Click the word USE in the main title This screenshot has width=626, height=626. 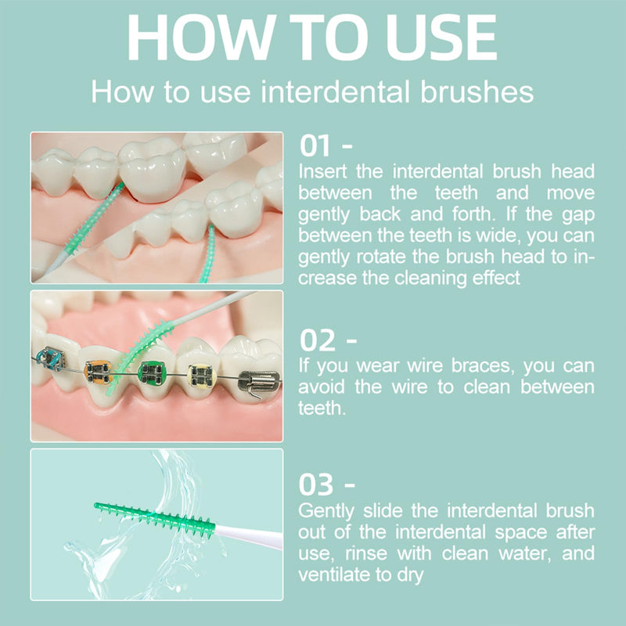(x=442, y=37)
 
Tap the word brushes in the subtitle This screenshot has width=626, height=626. (x=477, y=92)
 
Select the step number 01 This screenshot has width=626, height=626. (x=315, y=146)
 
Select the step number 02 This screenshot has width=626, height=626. (x=318, y=340)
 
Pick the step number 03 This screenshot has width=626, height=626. (x=316, y=484)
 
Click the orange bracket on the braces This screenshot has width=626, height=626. (x=98, y=372)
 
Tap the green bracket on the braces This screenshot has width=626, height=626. (x=152, y=374)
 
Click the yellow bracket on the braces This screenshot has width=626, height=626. (x=202, y=376)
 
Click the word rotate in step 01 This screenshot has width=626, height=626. (x=381, y=257)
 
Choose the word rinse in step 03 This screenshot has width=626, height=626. (x=366, y=553)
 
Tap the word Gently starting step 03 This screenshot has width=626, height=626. (x=326, y=512)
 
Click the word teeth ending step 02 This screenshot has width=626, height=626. (x=322, y=408)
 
